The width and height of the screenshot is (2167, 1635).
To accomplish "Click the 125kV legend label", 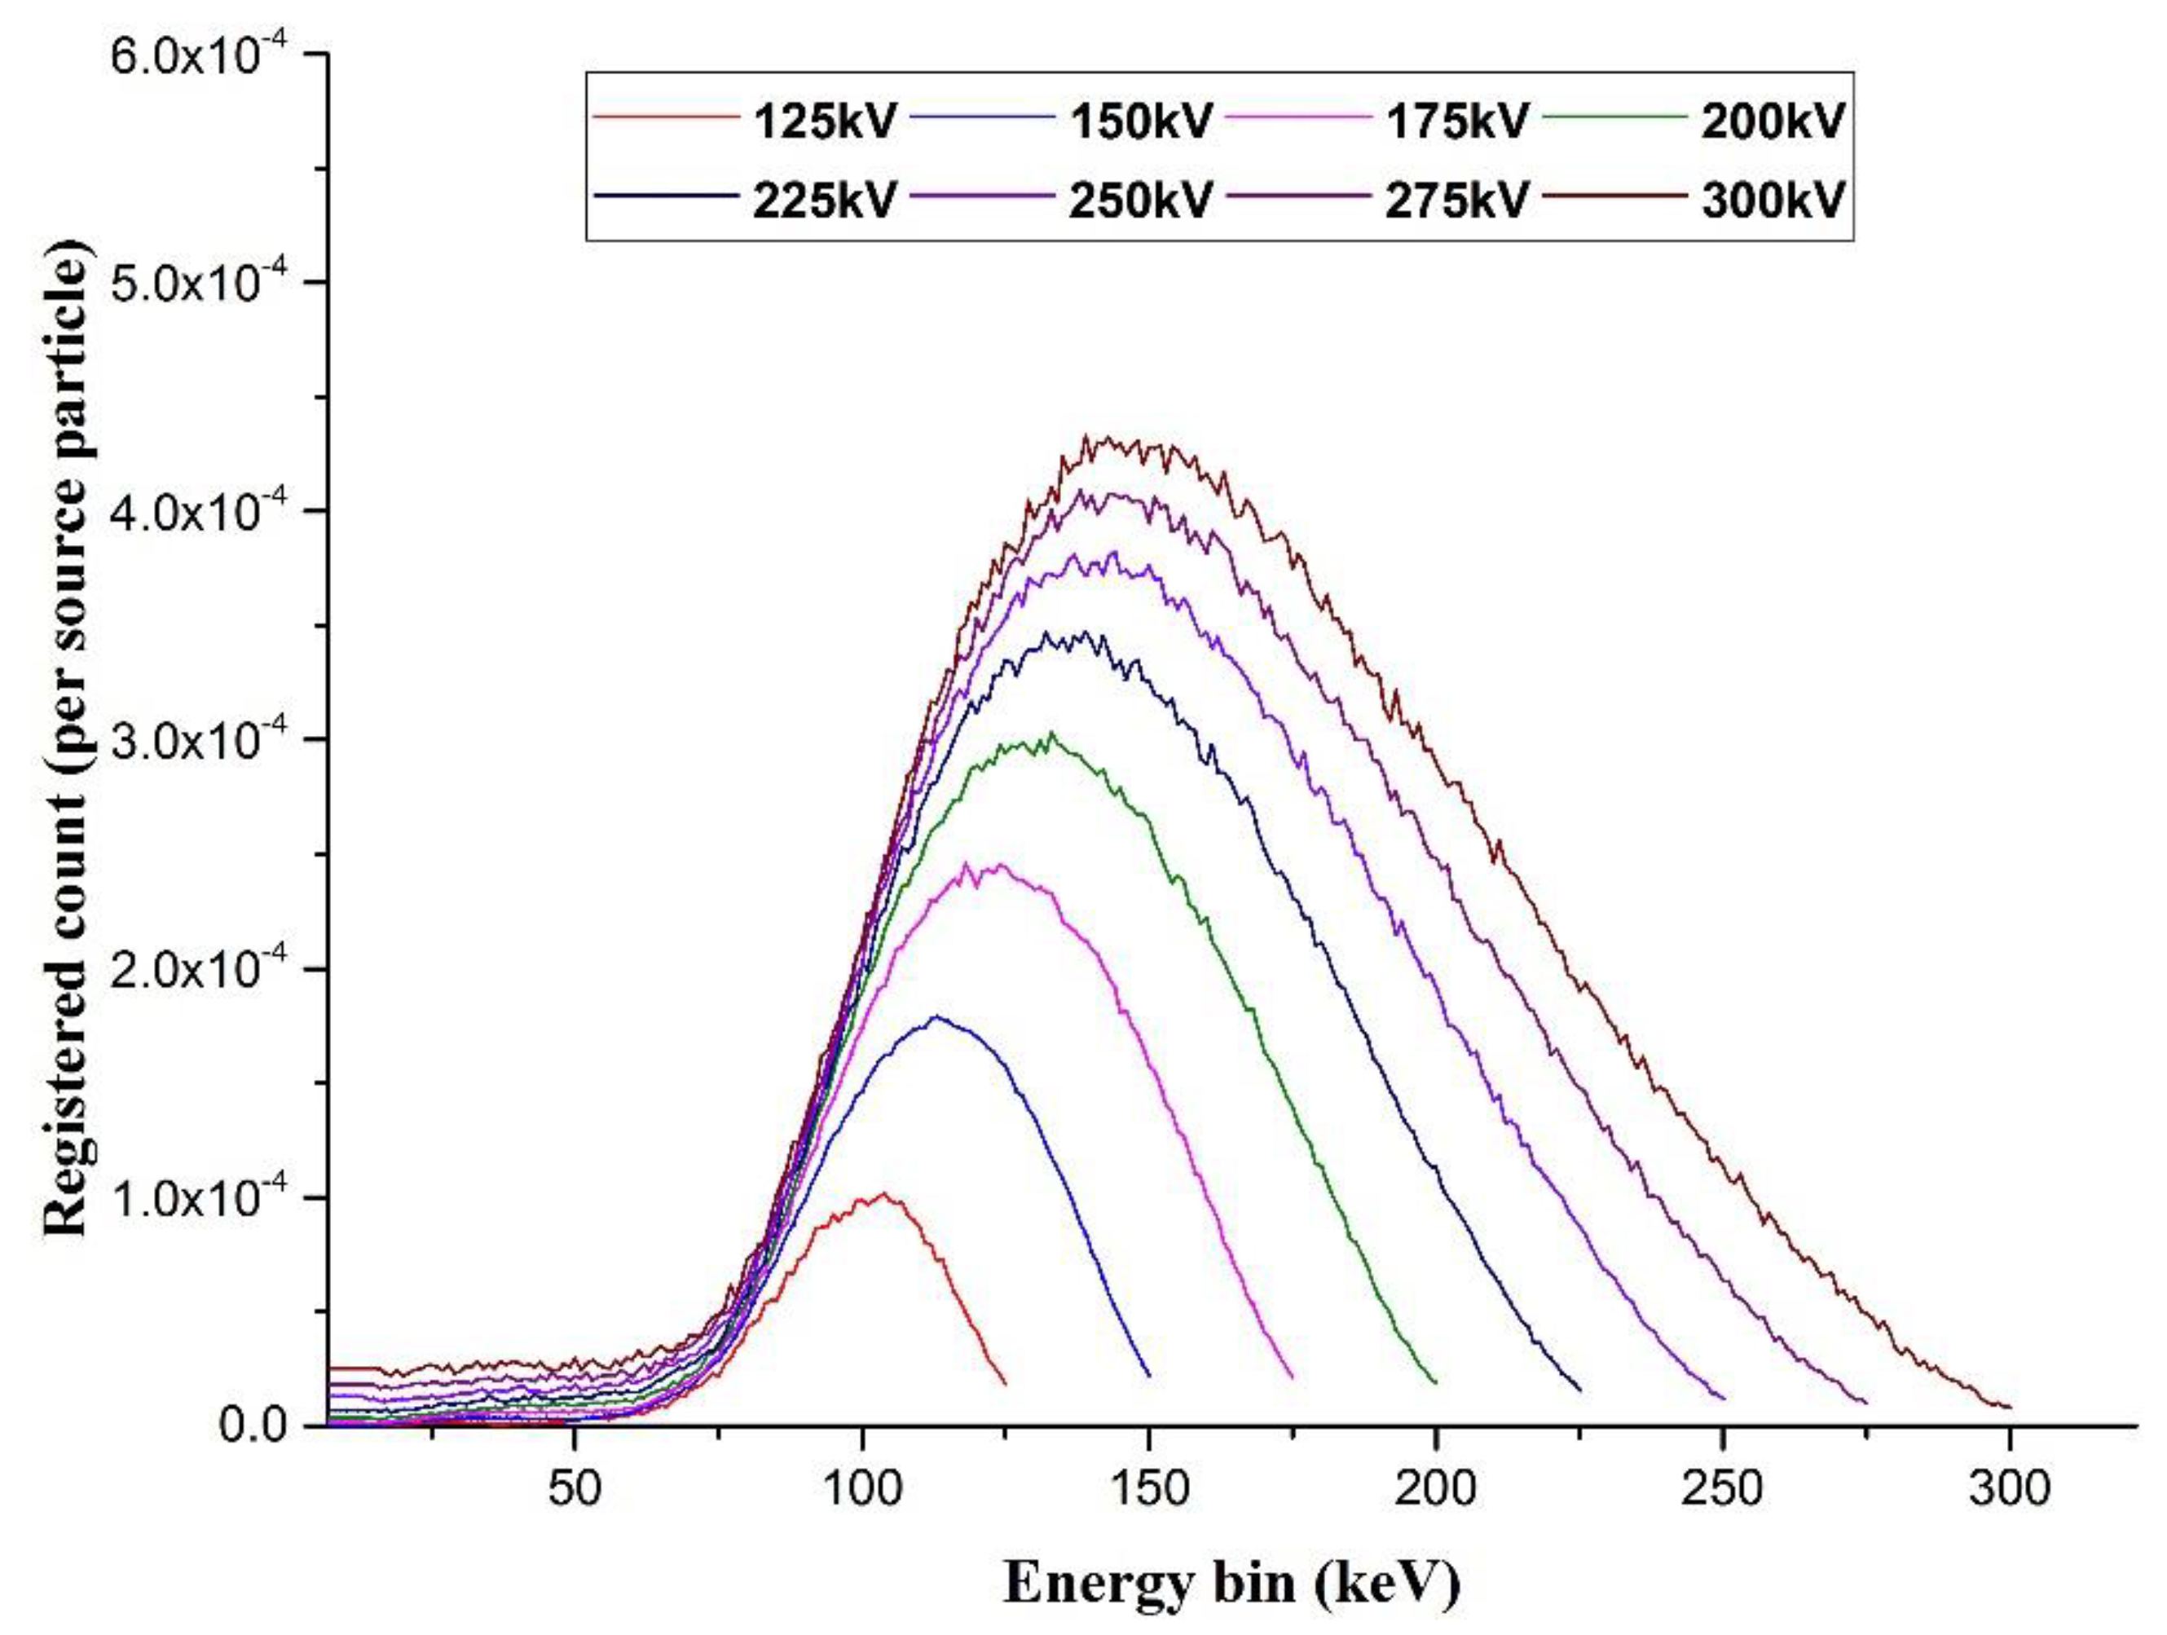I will (824, 121).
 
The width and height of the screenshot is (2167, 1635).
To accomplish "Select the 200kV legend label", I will (1773, 121).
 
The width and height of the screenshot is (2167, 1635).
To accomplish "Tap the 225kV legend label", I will (824, 200).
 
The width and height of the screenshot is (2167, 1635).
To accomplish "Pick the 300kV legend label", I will (1773, 200).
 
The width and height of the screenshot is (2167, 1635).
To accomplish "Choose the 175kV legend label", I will (1456, 121).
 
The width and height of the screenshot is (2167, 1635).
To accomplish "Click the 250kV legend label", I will (1140, 200).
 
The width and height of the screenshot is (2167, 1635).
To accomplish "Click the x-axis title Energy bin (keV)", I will (1231, 1583).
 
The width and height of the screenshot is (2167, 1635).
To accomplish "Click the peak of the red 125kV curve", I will (883, 1193).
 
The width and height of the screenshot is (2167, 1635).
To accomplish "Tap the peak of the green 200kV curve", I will (1052, 733).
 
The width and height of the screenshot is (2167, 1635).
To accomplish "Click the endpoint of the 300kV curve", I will (2011, 1408).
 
